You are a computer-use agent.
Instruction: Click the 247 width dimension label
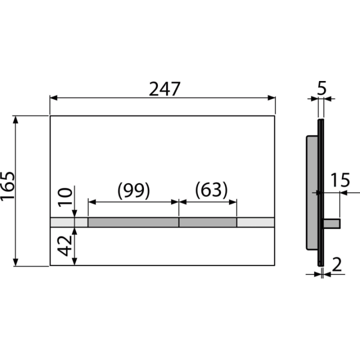point(164,89)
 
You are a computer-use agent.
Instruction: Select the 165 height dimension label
point(7,186)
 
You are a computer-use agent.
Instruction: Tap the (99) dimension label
point(133,190)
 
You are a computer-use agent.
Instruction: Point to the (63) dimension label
point(211,189)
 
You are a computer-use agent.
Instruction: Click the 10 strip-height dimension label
point(65,197)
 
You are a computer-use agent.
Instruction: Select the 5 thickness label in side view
point(321,88)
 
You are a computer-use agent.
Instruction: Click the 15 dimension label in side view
point(340,180)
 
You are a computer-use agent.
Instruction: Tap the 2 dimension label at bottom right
point(337,264)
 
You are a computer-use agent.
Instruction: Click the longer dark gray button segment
point(133,222)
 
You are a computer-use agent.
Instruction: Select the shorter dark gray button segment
point(208,222)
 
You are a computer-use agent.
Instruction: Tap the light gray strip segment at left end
point(69,222)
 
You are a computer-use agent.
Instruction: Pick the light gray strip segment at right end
point(255,222)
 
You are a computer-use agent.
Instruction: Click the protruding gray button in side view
point(332,223)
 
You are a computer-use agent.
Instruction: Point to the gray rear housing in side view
point(312,192)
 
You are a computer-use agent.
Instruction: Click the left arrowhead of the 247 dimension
point(53,98)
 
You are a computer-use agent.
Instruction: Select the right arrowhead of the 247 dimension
point(271,98)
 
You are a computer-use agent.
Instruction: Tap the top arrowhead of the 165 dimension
point(15,120)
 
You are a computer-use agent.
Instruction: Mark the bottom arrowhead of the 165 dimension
point(15,262)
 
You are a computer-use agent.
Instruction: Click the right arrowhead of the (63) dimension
point(233,202)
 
